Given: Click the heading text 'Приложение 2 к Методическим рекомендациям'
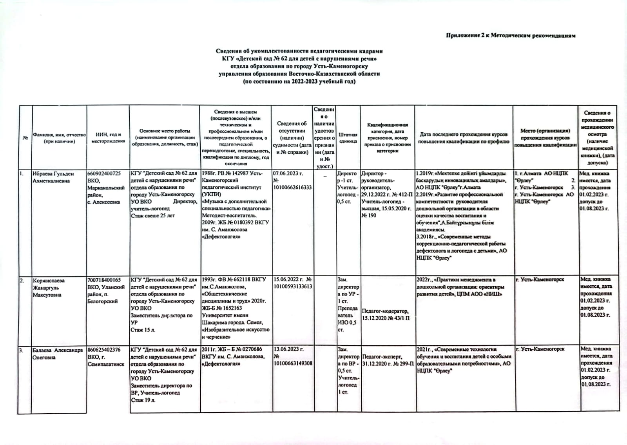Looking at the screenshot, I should click(511, 36).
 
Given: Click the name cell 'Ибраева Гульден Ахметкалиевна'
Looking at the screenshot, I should click(53, 177).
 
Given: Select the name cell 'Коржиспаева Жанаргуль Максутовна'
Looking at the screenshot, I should click(49, 287).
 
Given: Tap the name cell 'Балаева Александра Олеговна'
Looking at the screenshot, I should click(58, 353).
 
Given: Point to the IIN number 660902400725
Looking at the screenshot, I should click(104, 173).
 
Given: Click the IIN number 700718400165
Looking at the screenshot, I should click(104, 280).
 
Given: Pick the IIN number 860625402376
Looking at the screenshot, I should click(104, 349).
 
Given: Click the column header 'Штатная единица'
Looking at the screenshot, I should click(348, 138).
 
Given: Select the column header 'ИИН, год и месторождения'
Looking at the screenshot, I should click(108, 138).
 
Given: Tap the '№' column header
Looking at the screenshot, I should click(25, 138).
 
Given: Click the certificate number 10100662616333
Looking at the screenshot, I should click(292, 188).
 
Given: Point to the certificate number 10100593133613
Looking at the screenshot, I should click(292, 286).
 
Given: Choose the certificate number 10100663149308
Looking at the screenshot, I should click(292, 363).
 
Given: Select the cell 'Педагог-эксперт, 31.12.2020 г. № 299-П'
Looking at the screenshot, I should click(387, 360).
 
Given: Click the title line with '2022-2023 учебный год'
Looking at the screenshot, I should click(299, 82).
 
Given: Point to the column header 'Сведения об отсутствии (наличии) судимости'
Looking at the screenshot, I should click(292, 138).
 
